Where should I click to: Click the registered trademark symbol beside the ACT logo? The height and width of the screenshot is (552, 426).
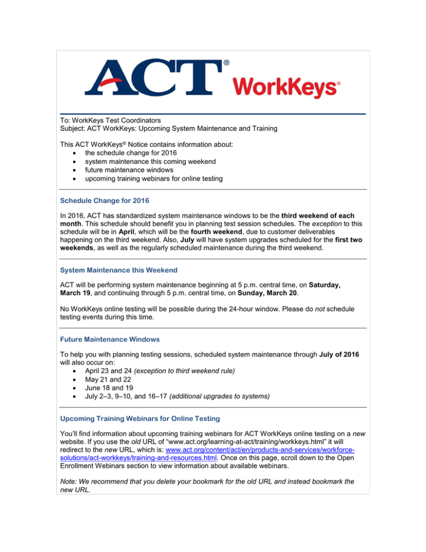tap(227, 63)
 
